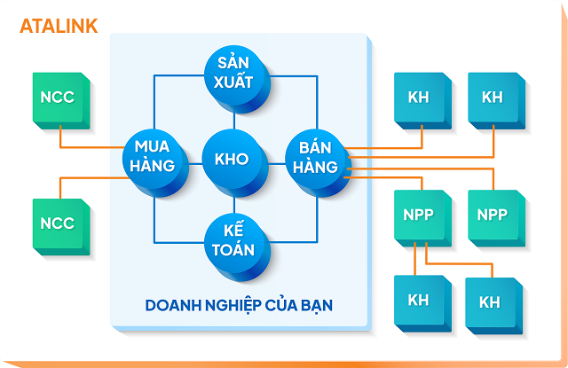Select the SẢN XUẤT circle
pos(234,73)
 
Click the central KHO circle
pos(234,160)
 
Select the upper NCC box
pos(59,98)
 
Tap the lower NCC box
pos(59,223)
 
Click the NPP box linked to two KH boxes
pos(418,215)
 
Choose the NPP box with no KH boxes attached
pos(493,215)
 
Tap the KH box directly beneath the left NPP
pos(418,300)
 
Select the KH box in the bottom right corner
pos(490,302)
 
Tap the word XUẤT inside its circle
pos(234,82)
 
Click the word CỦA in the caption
pos(281,305)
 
